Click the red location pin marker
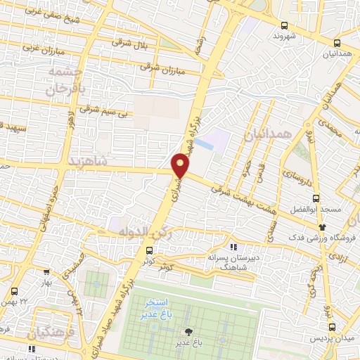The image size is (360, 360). tap(181, 165)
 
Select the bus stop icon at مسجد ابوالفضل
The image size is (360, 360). tap(316, 198)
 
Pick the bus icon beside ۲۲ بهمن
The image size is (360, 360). tap(15, 290)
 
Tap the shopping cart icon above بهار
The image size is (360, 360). tap(46, 271)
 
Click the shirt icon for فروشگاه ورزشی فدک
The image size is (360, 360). tap(323, 226)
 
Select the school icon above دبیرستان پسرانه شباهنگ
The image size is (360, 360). tap(234, 247)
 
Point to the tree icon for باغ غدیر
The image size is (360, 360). tap(188, 332)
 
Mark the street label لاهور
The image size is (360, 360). tap(70, 121)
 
